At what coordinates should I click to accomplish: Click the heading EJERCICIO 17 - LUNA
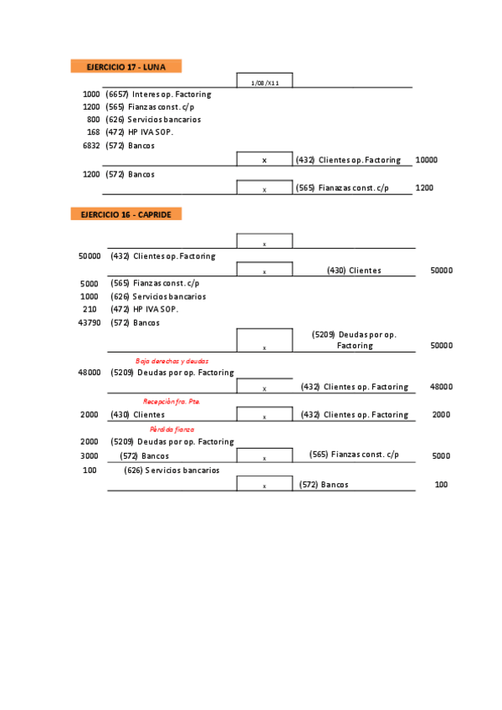(x=125, y=66)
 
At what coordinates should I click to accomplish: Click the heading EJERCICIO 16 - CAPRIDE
(x=126, y=214)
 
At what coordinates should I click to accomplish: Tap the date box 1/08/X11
(x=264, y=82)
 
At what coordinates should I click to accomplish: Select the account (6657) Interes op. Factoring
(x=158, y=95)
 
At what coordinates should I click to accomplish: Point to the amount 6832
(x=90, y=146)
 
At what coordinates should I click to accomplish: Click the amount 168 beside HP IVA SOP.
(x=93, y=132)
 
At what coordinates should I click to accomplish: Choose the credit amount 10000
(x=426, y=160)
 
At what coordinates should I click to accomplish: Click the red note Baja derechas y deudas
(x=172, y=360)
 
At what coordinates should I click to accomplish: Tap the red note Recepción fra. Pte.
(x=172, y=402)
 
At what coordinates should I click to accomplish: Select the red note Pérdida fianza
(x=172, y=429)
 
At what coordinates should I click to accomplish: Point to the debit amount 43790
(x=89, y=322)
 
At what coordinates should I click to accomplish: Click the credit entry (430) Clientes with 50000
(x=354, y=270)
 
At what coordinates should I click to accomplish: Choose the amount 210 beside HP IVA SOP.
(x=90, y=309)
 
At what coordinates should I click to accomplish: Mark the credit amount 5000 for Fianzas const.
(x=441, y=456)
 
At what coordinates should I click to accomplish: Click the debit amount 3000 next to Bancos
(x=90, y=456)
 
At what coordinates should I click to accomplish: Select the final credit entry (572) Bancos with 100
(x=324, y=485)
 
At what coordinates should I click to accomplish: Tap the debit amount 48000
(x=89, y=373)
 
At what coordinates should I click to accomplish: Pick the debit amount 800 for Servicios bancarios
(x=93, y=120)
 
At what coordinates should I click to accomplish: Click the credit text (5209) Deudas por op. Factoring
(x=354, y=339)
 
